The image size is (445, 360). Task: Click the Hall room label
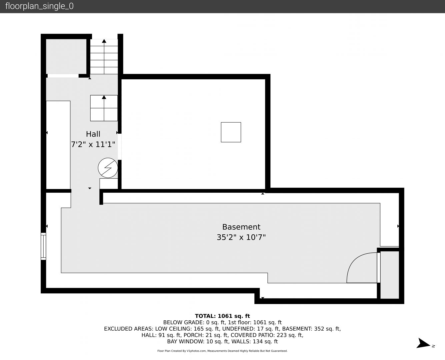93,134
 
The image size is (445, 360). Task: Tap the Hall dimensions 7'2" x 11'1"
93,144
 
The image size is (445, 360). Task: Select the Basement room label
241,227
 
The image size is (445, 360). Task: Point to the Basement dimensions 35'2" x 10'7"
241,237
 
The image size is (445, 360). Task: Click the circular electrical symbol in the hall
108,168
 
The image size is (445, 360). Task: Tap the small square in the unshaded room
231,132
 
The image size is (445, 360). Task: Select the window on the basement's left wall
43,246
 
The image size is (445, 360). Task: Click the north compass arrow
423,343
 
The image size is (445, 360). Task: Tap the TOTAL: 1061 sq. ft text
222,316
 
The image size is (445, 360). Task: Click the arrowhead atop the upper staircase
104,41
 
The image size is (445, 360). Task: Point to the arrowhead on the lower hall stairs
104,97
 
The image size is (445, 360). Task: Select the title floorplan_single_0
39,6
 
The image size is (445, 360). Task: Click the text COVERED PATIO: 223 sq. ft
267,335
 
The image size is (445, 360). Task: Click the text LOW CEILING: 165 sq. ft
187,329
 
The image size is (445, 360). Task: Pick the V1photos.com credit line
222,351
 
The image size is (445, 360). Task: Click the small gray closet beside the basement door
390,275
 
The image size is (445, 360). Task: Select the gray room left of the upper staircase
66,56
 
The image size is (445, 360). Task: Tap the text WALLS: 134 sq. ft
265,342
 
